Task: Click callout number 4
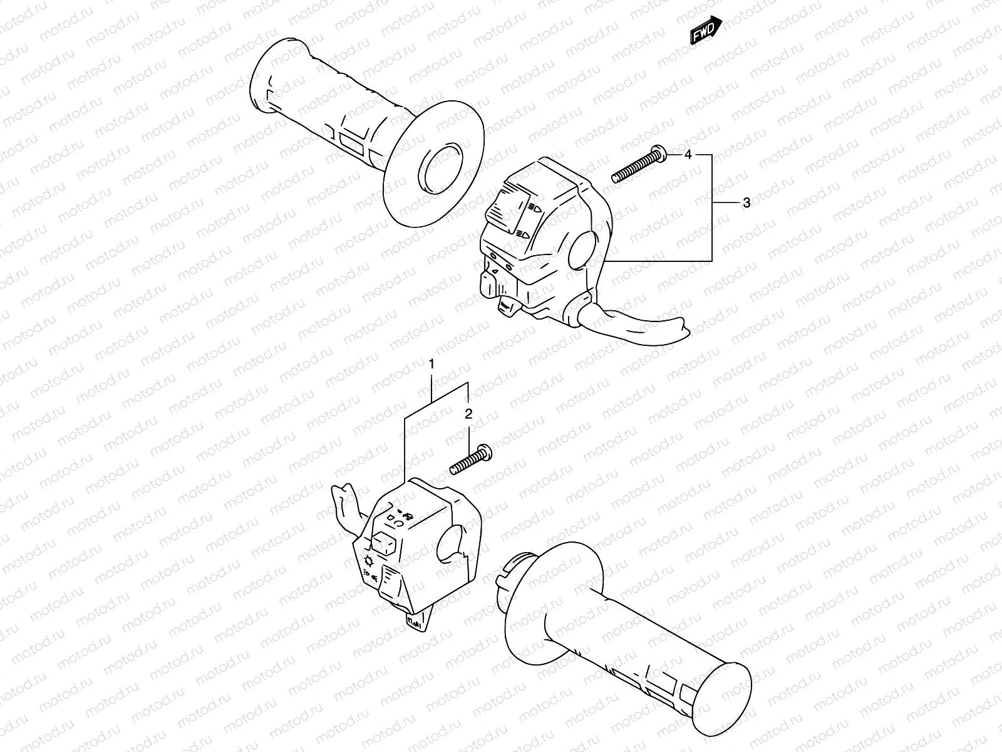688,154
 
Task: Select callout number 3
746,202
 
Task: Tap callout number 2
468,414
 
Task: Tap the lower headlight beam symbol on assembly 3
524,235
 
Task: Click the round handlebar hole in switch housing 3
584,249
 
